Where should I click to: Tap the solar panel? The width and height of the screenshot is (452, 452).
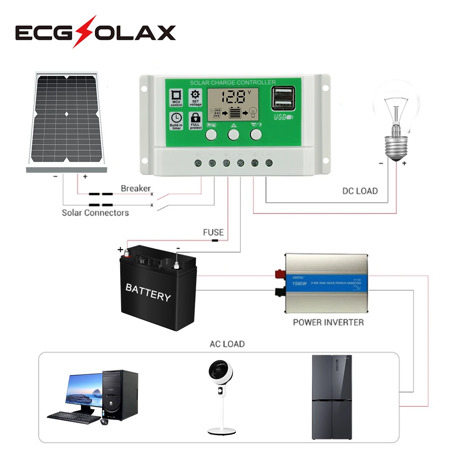[x=66, y=121]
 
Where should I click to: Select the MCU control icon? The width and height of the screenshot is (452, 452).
[x=176, y=95]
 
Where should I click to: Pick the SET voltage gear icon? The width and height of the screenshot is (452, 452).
[x=196, y=95]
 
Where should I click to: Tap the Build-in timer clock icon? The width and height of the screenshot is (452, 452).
[x=176, y=117]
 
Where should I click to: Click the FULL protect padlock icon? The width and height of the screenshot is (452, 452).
[x=196, y=117]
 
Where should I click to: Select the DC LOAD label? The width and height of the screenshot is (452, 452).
[x=360, y=191]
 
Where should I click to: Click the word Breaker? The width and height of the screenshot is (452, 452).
[x=135, y=188]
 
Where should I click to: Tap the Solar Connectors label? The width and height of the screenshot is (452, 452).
[x=95, y=212]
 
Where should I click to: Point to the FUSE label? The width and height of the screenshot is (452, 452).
[x=213, y=232]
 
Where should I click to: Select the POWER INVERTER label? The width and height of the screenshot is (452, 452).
[x=328, y=322]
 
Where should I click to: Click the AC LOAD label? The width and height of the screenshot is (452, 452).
[x=227, y=344]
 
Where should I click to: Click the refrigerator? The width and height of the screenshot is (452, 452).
[x=332, y=397]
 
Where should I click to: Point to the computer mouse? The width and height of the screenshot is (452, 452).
[x=104, y=421]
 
